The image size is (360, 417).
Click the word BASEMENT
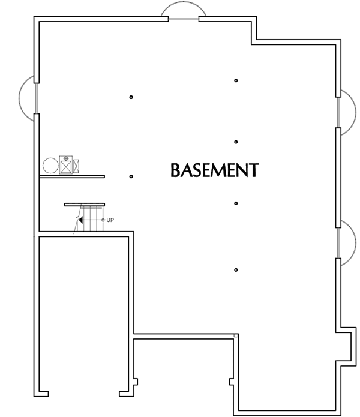[215, 170]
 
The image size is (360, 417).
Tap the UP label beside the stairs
[110, 220]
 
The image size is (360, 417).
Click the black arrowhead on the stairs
[80, 220]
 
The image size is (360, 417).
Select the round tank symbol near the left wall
[50, 166]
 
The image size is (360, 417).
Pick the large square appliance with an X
[65, 165]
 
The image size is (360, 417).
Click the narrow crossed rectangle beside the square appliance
[76, 166]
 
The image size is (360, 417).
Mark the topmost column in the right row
[236, 80]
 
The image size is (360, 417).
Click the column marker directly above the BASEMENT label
[236, 142]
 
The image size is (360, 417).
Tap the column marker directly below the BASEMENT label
[236, 203]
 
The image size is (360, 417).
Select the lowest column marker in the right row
[236, 269]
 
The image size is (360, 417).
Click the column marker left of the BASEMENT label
[131, 176]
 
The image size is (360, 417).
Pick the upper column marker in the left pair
[131, 97]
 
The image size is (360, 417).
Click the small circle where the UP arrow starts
[103, 220]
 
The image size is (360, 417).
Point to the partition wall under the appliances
[72, 176]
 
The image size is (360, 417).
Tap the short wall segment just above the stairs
[85, 205]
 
